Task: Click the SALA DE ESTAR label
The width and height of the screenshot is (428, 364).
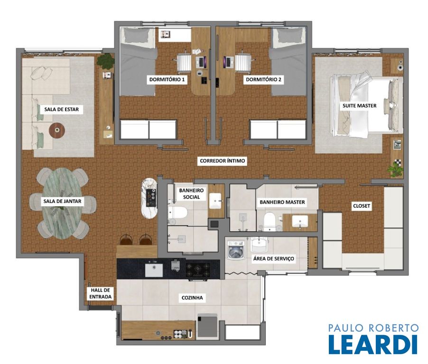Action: [61, 109]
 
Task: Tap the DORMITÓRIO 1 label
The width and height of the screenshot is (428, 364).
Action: [167, 80]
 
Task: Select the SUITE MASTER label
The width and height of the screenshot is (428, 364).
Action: [359, 106]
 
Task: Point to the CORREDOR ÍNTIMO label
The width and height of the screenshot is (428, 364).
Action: [222, 161]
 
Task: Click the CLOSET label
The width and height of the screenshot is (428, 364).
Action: [362, 206]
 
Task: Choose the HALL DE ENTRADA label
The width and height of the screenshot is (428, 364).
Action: [101, 293]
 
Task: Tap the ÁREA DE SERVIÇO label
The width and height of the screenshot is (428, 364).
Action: [273, 258]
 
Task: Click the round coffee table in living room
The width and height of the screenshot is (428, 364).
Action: [57, 130]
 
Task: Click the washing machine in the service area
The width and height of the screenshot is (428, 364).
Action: [236, 249]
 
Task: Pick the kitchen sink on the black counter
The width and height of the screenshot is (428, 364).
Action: [154, 270]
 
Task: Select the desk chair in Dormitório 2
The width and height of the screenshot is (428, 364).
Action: [242, 62]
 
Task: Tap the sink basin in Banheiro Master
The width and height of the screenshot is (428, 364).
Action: [300, 221]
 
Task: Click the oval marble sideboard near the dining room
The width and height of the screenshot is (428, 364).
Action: [149, 198]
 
